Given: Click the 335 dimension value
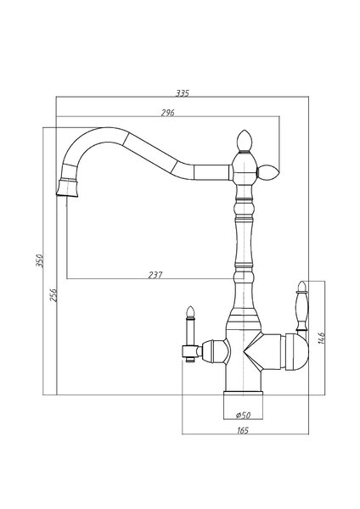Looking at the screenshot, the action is tap(183, 93).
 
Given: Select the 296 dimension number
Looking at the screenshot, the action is tap(167, 113).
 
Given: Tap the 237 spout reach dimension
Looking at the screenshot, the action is tap(155, 275).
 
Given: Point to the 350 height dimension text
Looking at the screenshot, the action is tap(39, 260).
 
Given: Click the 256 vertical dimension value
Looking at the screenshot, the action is tap(53, 295).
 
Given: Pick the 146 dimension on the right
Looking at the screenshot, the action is tap(321, 338).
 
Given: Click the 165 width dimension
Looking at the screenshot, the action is tap(243, 430).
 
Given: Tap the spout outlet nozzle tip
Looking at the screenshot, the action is tap(68, 188).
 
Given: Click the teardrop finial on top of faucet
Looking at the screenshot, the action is tap(244, 141).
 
